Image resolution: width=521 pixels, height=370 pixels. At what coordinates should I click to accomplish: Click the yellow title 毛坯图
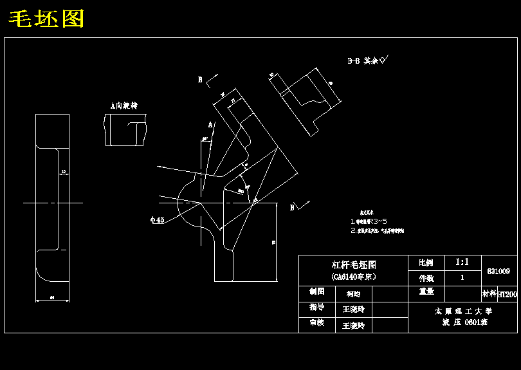pos(46,19)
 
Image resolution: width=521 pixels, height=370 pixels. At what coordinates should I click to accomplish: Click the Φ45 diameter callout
pos(157,219)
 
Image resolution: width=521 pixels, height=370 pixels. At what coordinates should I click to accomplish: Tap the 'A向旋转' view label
pos(124,105)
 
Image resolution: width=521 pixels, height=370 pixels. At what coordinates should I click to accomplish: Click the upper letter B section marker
pos(200,80)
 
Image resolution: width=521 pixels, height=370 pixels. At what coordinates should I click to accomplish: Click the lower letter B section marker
pos(292,207)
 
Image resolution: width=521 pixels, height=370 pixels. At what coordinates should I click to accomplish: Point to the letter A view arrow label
pos(210,124)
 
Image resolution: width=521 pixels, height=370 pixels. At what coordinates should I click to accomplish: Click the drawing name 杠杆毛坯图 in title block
pos(353,264)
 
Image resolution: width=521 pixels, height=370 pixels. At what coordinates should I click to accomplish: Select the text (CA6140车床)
pos(353,277)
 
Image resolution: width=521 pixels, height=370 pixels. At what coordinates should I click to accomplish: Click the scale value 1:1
pos(462,263)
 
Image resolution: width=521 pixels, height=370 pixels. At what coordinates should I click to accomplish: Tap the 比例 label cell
pos(425,263)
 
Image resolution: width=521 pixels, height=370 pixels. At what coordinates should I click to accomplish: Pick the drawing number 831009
pos(498,272)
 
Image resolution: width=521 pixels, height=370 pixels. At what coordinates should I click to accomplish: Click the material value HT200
pos(507,294)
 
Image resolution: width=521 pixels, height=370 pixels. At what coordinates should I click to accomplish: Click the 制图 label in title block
pos(316,291)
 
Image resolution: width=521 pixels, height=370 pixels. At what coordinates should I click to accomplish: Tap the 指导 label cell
pos(316,308)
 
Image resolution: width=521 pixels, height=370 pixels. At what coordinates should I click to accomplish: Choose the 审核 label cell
pos(316,323)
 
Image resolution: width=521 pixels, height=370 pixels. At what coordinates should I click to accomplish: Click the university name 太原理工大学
pos(462,311)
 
